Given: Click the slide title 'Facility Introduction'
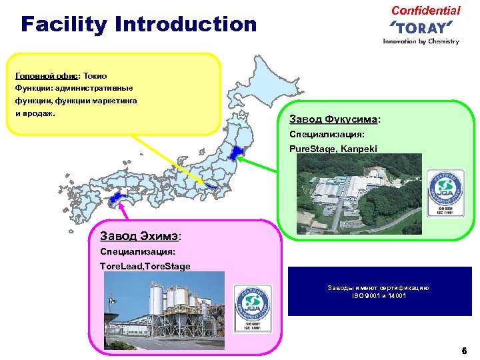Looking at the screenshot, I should [139, 25].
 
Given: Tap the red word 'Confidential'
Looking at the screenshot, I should [425, 10].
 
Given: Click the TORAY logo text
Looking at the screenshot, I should [421, 27].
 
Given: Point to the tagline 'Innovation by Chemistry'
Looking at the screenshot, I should [421, 41].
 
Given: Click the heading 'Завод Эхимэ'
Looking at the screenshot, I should [139, 235].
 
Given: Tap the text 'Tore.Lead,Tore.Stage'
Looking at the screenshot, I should [145, 266].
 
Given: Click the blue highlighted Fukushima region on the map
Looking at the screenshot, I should [233, 155].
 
